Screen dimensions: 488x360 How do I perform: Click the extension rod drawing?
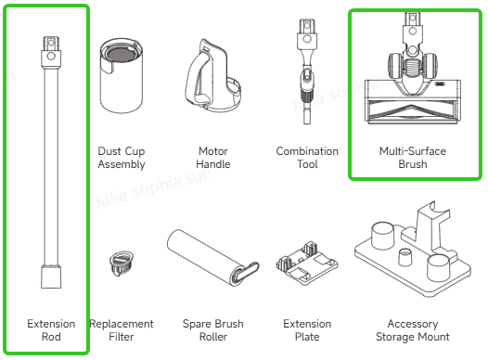(x=51, y=161)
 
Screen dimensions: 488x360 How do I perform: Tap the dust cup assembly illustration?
(x=122, y=75)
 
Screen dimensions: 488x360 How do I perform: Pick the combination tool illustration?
(x=306, y=71)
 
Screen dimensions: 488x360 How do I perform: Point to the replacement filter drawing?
(x=122, y=264)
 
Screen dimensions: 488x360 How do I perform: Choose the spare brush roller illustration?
(x=212, y=258)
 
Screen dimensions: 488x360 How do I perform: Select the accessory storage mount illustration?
(x=413, y=249)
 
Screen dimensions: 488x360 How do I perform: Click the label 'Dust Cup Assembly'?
(x=122, y=158)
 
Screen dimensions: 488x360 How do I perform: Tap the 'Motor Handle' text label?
(x=213, y=158)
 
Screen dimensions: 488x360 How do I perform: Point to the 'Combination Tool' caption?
(x=307, y=158)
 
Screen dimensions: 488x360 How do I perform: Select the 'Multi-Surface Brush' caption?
(x=413, y=158)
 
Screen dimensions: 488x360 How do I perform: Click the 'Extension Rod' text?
(x=51, y=330)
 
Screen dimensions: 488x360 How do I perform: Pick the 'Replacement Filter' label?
(x=122, y=330)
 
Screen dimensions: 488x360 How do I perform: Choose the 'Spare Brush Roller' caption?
(x=213, y=330)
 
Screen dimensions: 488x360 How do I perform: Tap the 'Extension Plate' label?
(x=307, y=330)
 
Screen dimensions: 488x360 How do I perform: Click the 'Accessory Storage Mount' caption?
(x=413, y=330)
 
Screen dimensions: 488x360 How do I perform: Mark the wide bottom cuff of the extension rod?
(x=51, y=276)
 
